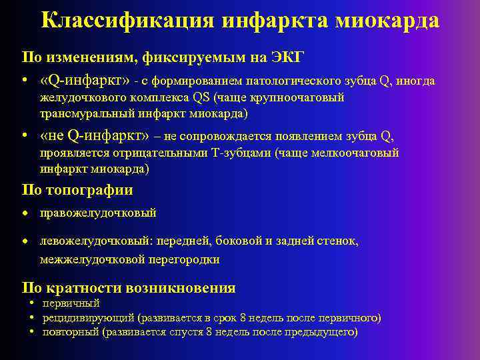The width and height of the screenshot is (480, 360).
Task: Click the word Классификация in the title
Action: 127,20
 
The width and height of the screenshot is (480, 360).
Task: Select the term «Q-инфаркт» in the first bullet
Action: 85,81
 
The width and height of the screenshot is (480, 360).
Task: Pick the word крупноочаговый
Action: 306,98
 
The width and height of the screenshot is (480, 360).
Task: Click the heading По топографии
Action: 77,190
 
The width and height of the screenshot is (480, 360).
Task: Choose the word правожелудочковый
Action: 98,213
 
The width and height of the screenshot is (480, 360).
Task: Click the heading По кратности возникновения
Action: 129,288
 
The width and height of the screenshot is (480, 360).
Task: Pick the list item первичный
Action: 71,304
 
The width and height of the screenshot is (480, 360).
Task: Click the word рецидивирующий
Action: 88,318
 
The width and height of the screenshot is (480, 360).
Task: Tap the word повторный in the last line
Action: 71,332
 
